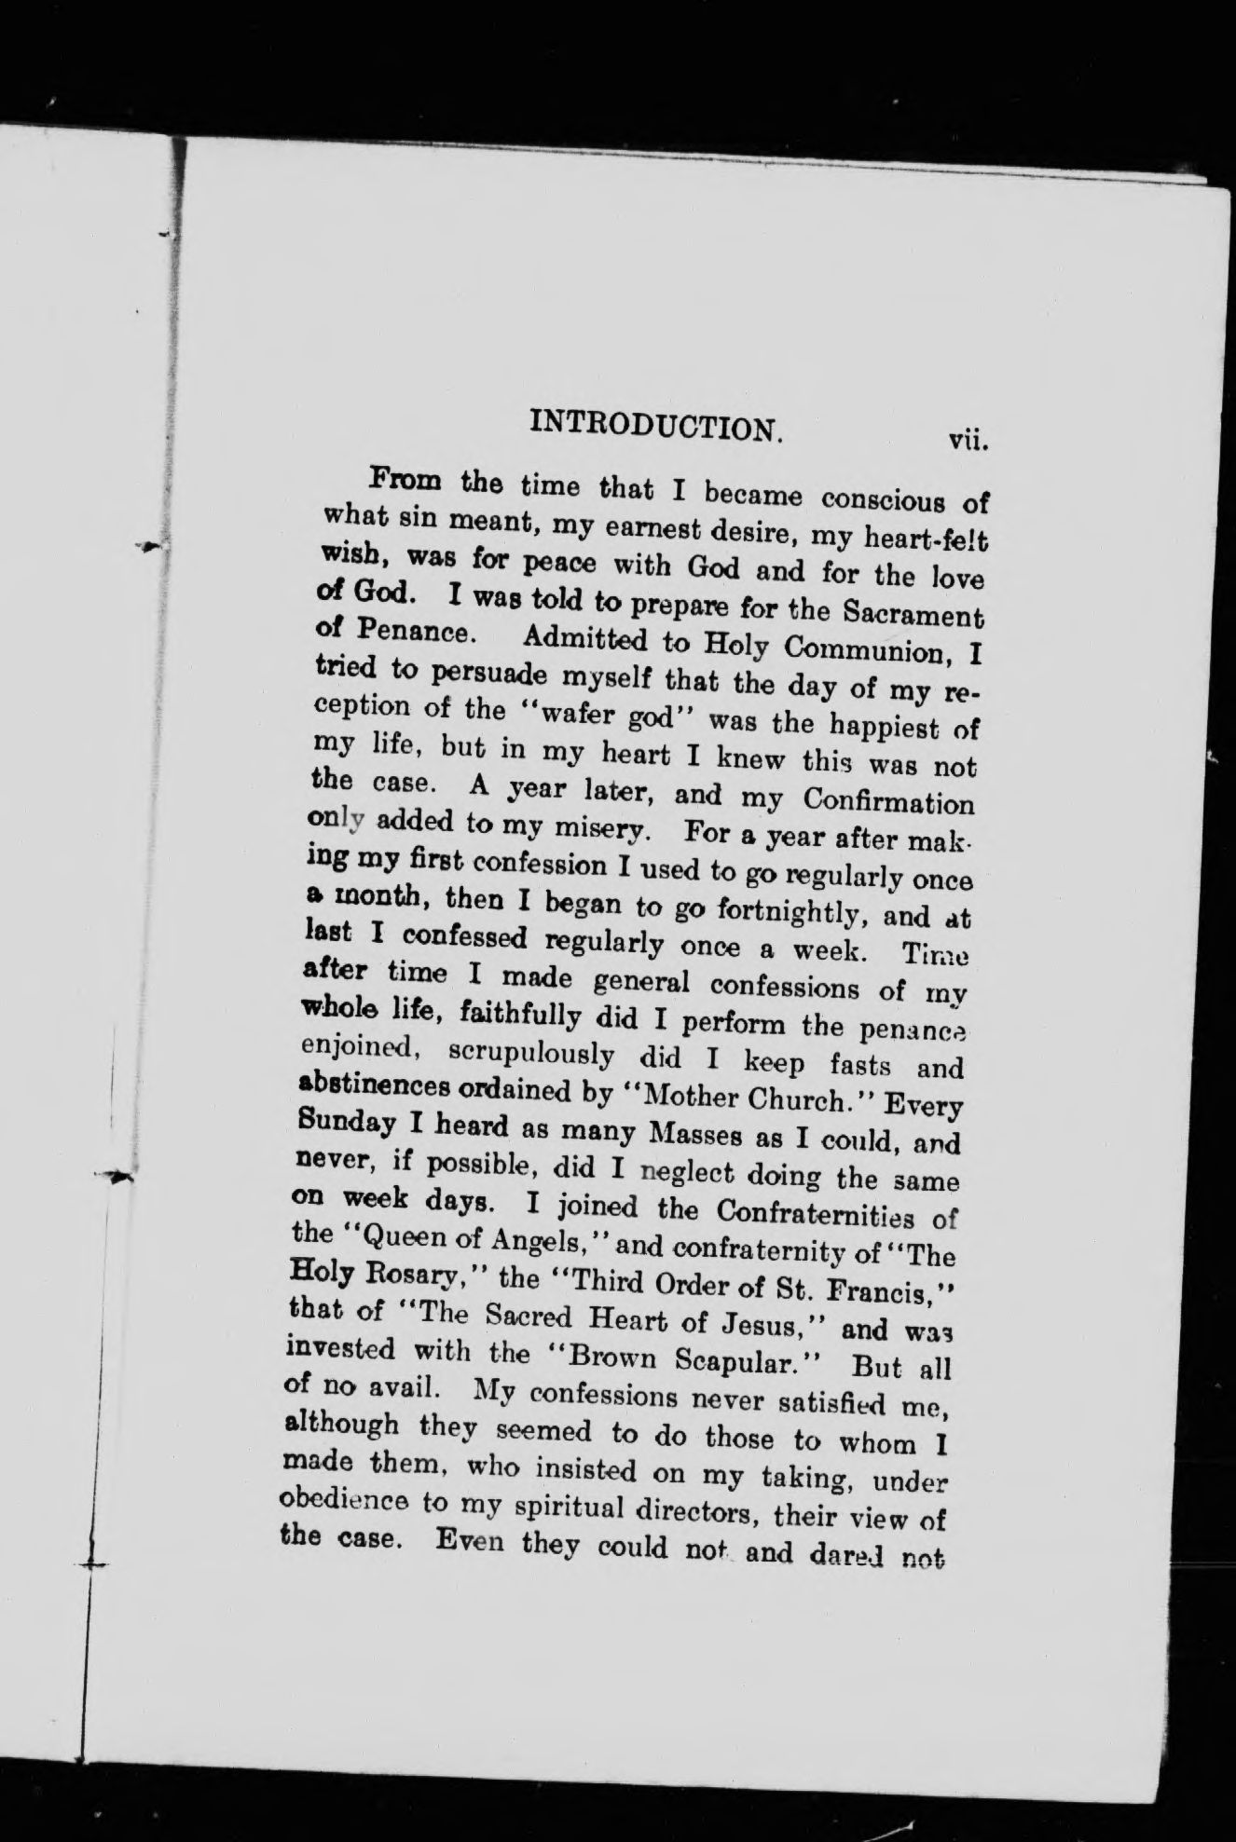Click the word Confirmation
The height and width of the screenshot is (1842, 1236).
point(888,801)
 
